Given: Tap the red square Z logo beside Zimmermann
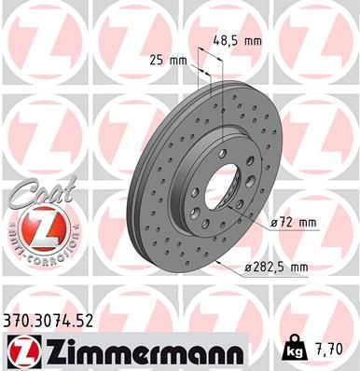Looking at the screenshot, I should [21, 351].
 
